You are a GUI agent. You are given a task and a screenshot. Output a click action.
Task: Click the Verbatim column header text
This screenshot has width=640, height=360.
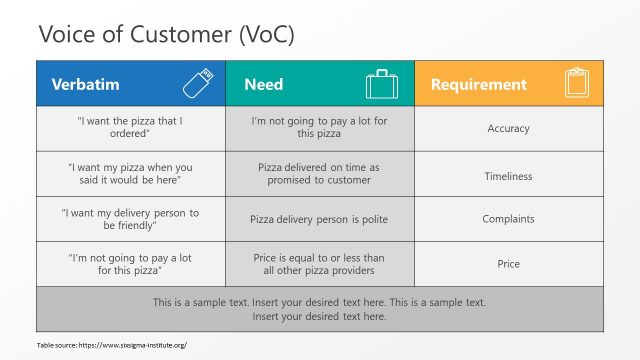click(x=86, y=85)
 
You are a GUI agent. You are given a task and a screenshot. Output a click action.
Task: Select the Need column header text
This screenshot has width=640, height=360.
click(x=264, y=85)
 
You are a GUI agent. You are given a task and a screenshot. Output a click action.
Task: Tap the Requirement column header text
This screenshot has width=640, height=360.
click(x=479, y=85)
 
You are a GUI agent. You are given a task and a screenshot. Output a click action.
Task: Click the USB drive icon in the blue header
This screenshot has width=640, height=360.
click(x=196, y=84)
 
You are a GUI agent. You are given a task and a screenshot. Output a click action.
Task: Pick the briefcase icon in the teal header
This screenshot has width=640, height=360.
click(x=381, y=84)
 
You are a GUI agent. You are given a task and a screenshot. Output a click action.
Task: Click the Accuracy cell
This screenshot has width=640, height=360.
click(x=508, y=129)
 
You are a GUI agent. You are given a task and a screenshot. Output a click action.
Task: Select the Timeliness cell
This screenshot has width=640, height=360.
click(x=508, y=176)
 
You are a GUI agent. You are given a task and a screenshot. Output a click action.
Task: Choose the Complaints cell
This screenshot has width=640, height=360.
click(x=508, y=219)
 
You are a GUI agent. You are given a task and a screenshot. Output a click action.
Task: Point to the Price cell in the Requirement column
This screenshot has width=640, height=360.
click(x=508, y=264)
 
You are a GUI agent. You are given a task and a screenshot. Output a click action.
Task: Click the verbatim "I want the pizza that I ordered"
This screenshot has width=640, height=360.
click(x=130, y=128)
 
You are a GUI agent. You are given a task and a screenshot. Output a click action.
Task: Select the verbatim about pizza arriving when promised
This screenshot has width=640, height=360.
click(x=130, y=174)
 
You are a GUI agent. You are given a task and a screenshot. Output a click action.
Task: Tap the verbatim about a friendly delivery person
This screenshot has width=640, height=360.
click(x=130, y=219)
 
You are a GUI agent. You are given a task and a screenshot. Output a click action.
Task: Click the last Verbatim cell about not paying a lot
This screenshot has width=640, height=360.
click(x=130, y=264)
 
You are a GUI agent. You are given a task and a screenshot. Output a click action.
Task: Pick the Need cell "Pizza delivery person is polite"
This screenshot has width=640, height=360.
click(x=319, y=219)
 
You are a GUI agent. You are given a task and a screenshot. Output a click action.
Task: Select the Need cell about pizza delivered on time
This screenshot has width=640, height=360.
click(x=319, y=174)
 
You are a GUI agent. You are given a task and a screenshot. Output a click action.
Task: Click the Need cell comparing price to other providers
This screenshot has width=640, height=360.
click(x=319, y=264)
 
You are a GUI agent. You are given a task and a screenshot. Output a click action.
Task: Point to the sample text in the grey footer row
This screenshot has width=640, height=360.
click(x=319, y=308)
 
